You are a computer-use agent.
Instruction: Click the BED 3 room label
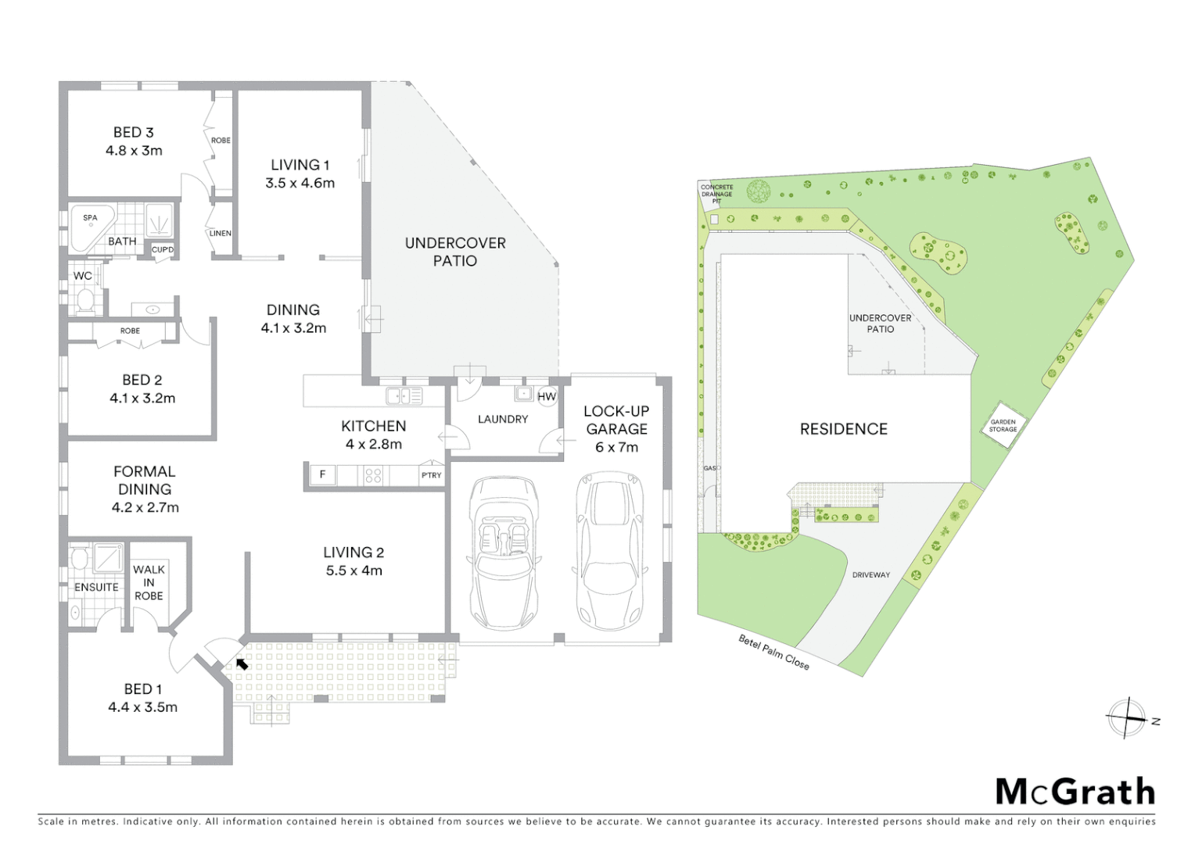pos(134,141)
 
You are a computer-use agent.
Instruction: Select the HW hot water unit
pos(547,396)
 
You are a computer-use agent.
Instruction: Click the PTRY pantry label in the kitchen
pos(431,474)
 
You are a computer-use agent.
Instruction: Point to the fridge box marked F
pos(322,474)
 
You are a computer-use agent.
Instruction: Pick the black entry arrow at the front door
pos(242,663)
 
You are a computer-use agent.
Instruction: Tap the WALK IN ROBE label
pos(149,582)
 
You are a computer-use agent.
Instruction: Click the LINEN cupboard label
pos(220,233)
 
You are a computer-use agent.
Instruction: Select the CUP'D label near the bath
pos(162,250)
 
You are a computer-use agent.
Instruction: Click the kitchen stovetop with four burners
pos(374,474)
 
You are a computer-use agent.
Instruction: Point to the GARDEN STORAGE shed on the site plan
pos(1003,426)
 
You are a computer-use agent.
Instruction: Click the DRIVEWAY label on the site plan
pos(870,574)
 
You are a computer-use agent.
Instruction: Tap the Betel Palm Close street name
pos(773,651)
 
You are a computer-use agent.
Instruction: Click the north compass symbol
pos(1127,717)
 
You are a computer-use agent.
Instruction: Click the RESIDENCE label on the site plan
pos(843,429)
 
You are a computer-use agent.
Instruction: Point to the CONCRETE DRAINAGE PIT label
pos(716,194)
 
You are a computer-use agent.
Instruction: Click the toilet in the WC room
pos(84,299)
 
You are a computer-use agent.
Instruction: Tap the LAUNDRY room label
pos(503,419)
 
